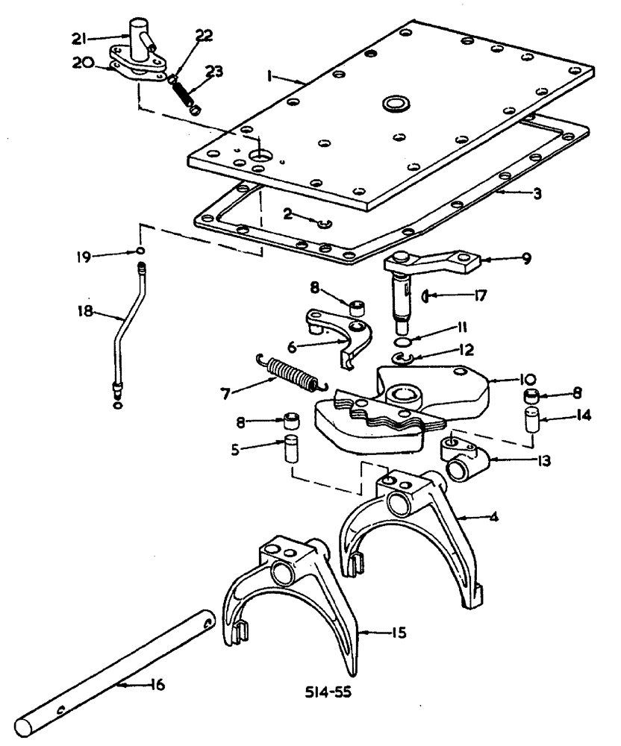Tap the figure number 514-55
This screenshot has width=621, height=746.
click(328, 691)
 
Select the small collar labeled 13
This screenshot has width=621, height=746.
click(457, 459)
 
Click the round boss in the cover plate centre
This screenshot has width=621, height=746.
click(393, 103)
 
